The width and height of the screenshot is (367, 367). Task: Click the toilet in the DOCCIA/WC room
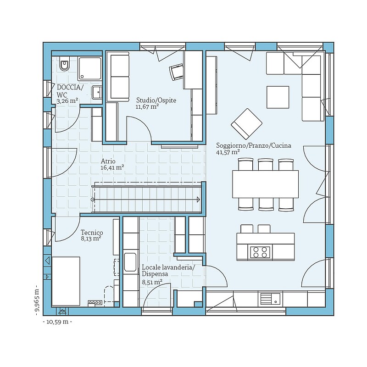pos(64,64)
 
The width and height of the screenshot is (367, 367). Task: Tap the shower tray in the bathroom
pos(90,68)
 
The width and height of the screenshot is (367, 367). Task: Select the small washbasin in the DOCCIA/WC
pos(97,93)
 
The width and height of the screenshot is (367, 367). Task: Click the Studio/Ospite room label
pos(156,100)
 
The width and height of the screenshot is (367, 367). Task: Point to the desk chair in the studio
pos(177,72)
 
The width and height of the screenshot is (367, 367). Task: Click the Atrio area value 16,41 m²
pos(112,167)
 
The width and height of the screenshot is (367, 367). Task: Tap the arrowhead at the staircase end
pos(199,200)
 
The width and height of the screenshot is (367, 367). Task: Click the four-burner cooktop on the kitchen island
pos(260,252)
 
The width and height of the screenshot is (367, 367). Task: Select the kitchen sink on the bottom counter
pos(270,299)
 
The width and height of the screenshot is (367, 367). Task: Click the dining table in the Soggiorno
pos(266,184)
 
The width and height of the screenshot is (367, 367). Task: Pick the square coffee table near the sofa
pos(278,97)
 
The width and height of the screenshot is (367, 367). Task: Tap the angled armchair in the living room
pos(246,124)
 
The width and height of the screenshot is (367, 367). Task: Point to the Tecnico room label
pos(92,233)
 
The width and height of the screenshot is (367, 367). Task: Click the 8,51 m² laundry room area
pos(152,282)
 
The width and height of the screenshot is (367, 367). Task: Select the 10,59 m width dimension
pos(58,322)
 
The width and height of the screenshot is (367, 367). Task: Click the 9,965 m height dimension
pos(37,300)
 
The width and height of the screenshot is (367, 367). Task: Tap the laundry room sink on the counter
pos(130,262)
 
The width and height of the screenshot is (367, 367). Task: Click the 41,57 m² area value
pos(228,152)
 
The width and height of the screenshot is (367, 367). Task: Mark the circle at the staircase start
pos(93,200)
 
